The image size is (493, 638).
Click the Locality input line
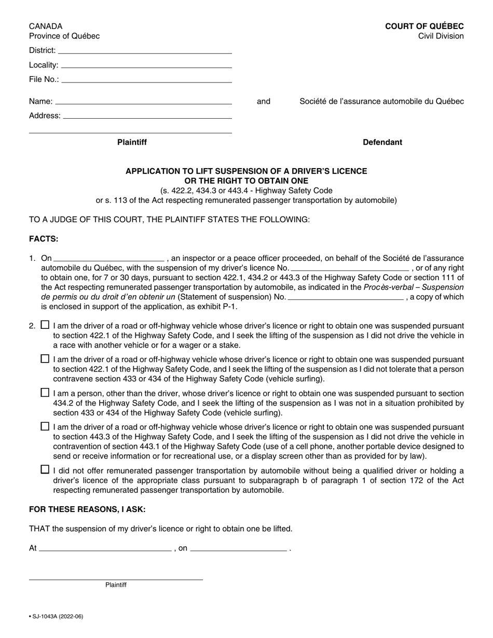[x=146, y=65]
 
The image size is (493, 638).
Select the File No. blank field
[x=146, y=80]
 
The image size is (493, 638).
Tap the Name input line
[x=143, y=102]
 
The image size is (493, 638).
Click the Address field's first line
[x=147, y=116]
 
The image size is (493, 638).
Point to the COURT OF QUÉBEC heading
[x=424, y=26]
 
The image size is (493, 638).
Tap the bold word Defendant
[x=382, y=143]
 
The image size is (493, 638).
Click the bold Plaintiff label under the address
[x=132, y=143]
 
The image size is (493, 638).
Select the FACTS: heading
[x=44, y=239]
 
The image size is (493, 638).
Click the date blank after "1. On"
[x=109, y=258]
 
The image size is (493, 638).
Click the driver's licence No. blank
[x=349, y=268]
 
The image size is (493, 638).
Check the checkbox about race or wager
[x=45, y=325]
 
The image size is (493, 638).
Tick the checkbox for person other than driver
[x=45, y=393]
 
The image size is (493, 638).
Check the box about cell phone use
[x=45, y=426]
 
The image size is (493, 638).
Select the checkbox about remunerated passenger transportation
[x=45, y=469]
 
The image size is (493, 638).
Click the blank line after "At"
[x=105, y=548]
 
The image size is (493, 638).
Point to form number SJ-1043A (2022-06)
[x=56, y=617]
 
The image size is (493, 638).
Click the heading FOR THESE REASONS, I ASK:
[x=87, y=510]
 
